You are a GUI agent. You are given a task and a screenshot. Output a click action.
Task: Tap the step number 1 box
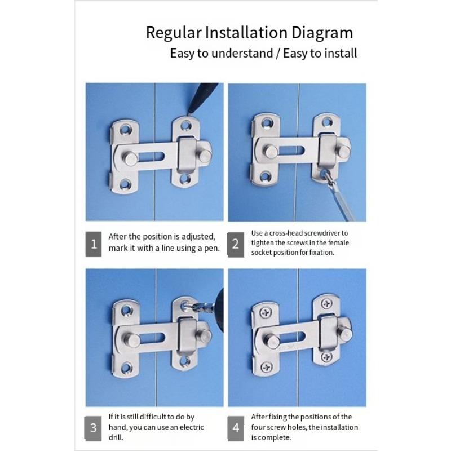click(x=94, y=245)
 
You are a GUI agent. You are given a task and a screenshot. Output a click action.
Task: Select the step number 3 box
click(x=94, y=428)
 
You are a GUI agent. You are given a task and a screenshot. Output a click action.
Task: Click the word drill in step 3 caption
click(x=118, y=437)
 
